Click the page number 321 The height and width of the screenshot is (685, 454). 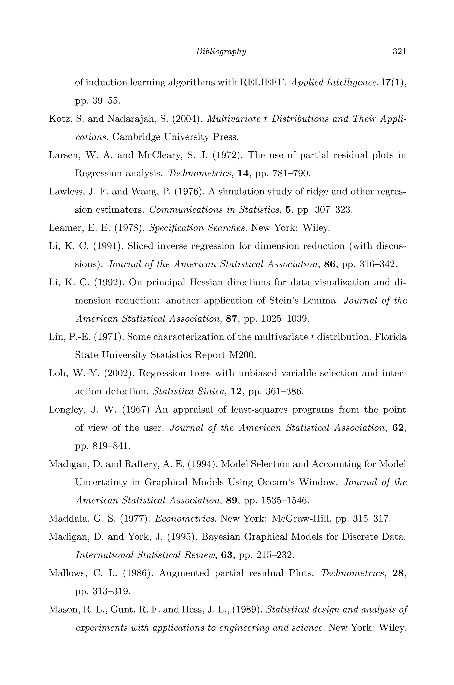(399, 51)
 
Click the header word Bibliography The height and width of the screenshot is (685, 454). (221, 51)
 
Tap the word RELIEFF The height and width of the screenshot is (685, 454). (263, 83)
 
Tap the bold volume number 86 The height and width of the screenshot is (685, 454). (329, 264)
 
